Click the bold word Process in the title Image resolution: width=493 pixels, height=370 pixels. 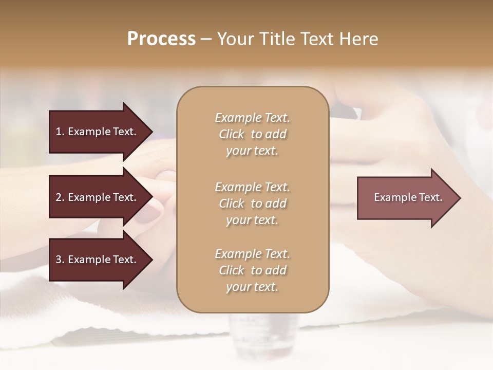tap(161, 39)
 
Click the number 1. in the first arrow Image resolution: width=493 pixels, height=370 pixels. tap(60, 132)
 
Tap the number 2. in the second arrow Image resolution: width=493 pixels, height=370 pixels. tap(60, 197)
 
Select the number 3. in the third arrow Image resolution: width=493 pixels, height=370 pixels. tap(60, 260)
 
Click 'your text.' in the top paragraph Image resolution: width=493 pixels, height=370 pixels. tap(252, 151)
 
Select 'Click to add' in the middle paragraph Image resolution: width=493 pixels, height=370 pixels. tap(252, 203)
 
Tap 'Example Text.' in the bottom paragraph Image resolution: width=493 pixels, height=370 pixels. tap(252, 254)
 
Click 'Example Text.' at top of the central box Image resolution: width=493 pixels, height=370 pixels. tap(252, 118)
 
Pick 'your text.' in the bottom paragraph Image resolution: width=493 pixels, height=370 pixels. tap(252, 287)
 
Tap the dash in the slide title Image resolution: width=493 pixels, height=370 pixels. tap(206, 39)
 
